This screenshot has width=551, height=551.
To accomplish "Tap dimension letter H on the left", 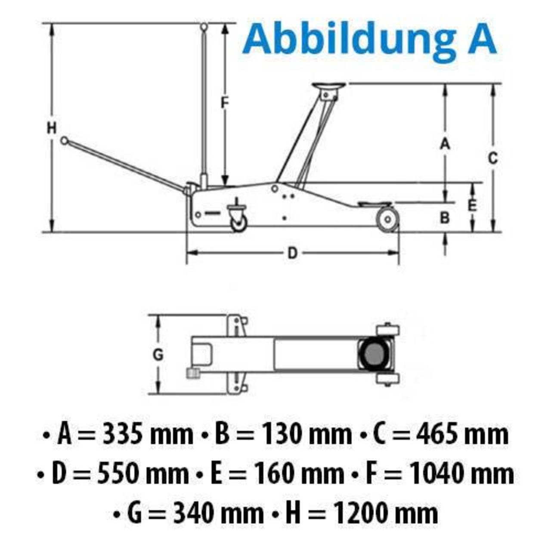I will coord(52,128).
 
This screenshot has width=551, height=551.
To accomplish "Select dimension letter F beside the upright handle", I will coord(224,103).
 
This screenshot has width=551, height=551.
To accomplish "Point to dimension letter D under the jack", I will coord(292,253).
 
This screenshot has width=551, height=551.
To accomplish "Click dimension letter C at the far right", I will coord(493,158).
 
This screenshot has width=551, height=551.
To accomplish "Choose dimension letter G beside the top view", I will coord(158,355).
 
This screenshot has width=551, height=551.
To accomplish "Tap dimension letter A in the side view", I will coord(445,144).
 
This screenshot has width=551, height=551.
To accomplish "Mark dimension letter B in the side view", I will coord(445,218).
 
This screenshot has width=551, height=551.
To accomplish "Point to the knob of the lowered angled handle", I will coord(64,140).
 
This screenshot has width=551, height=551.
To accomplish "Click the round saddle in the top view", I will coord(374,354).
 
